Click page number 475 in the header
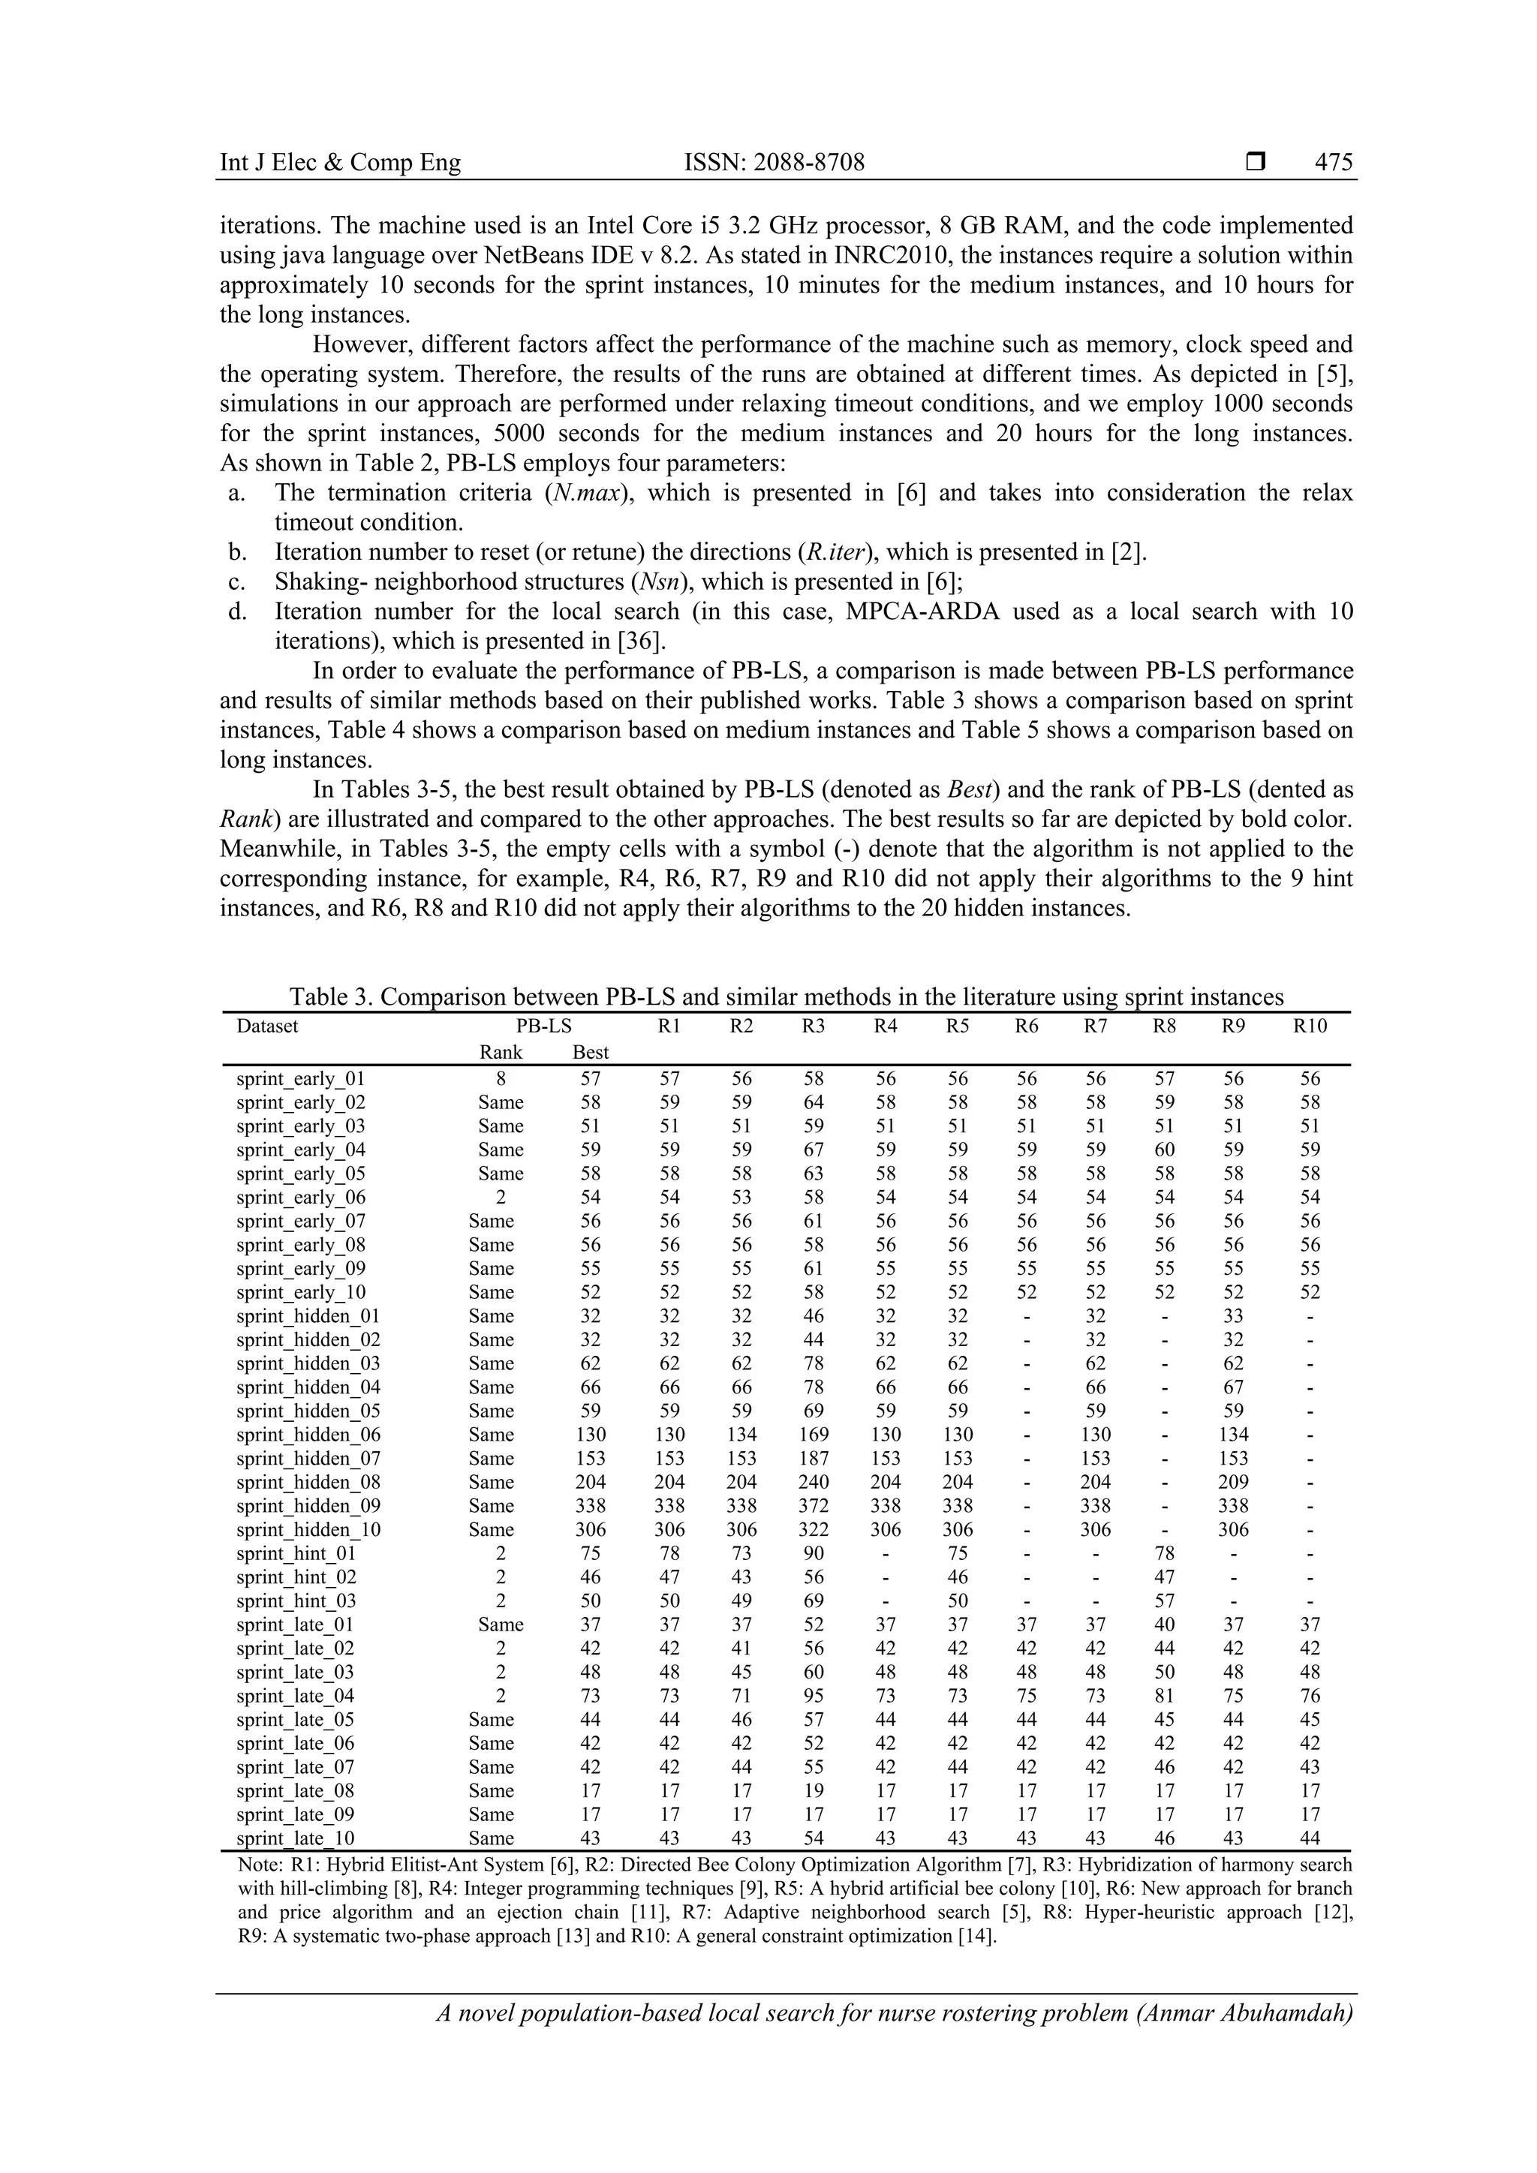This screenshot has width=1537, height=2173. tap(1334, 163)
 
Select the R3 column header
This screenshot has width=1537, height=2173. tap(813, 1026)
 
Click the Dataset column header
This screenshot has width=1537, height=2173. tap(267, 1026)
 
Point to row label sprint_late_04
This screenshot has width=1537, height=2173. tap(295, 1696)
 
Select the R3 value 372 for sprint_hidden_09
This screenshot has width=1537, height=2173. tap(813, 1506)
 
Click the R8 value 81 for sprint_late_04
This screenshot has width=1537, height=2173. tap(1164, 1696)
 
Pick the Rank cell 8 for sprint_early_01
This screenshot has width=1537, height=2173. tap(501, 1079)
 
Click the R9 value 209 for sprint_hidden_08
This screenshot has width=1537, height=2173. tap(1233, 1482)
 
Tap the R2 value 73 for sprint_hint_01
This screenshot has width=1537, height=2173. tap(742, 1553)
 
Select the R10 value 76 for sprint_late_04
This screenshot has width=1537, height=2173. tap(1310, 1696)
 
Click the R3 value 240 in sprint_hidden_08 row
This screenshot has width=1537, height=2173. tap(813, 1482)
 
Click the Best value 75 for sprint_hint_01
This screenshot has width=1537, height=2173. tap(591, 1553)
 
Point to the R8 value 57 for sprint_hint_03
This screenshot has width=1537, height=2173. tap(1164, 1601)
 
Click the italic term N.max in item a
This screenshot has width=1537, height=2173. tap(588, 493)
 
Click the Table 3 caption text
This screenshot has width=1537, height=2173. tap(786, 996)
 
